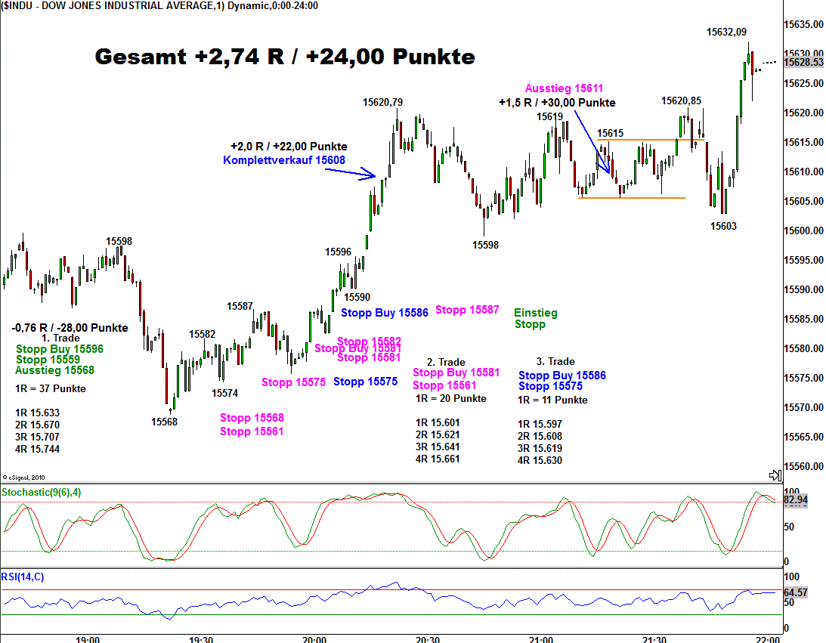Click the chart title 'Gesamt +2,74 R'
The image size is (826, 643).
(x=284, y=57)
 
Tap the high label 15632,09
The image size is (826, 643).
(x=726, y=32)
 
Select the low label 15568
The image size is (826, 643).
(x=164, y=422)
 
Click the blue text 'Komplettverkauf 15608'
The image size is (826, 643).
(x=284, y=159)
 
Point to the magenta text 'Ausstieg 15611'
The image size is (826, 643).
(x=564, y=88)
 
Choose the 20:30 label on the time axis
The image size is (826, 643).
(x=427, y=639)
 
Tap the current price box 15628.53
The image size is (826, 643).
(x=803, y=62)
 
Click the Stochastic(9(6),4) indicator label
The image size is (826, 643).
(x=44, y=492)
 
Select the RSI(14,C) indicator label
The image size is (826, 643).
(x=23, y=577)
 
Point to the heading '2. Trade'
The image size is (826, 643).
(x=446, y=362)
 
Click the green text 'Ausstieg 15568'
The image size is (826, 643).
(x=54, y=370)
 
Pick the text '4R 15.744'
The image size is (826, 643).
(x=37, y=449)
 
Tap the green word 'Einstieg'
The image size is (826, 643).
(x=535, y=312)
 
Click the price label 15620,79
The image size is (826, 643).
(x=382, y=102)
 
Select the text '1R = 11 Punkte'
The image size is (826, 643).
(x=552, y=400)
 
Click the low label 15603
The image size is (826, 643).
(x=723, y=225)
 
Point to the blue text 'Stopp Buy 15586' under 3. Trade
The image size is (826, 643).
(x=561, y=376)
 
